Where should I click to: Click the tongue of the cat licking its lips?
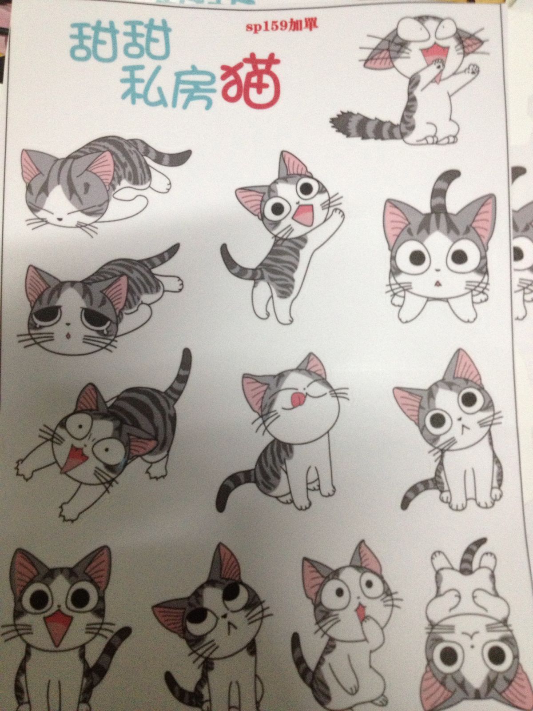295,398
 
